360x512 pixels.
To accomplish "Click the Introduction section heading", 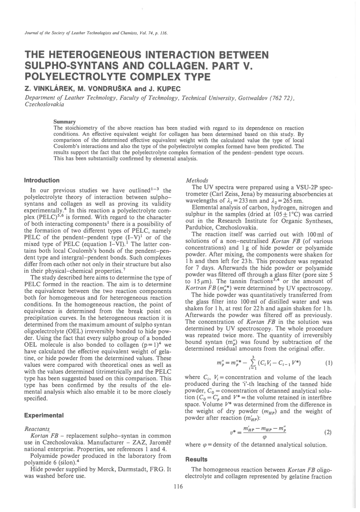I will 42,180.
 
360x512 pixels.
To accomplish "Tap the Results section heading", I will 196,459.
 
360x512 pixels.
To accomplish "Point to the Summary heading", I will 64,122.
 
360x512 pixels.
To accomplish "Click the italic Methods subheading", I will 197,181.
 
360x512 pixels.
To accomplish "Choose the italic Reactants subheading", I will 37,429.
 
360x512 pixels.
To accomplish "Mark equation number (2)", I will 328,432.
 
